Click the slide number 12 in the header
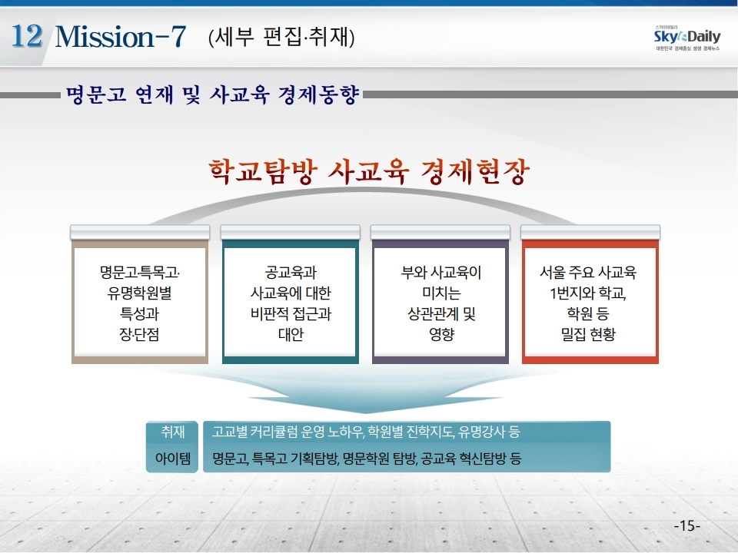(x=26, y=36)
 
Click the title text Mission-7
(x=121, y=36)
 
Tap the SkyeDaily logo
(x=686, y=38)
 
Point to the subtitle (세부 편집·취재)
(x=281, y=37)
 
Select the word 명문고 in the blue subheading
(x=96, y=94)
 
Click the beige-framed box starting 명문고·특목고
(x=140, y=301)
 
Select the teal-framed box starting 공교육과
(x=291, y=301)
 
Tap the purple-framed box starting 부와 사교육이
(x=440, y=301)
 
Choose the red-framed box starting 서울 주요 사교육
(x=590, y=301)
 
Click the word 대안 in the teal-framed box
(x=291, y=334)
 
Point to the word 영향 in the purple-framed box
(x=441, y=334)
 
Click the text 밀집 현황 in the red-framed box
(x=588, y=334)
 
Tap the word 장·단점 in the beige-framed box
(x=139, y=334)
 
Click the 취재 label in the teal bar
(x=173, y=431)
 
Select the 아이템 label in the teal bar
(x=173, y=458)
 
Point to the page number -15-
(x=687, y=525)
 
